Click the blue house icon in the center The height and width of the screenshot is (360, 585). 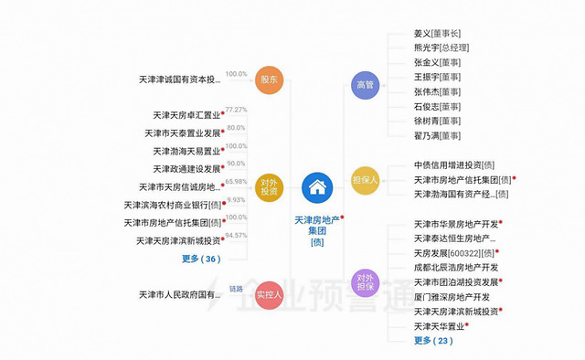317,188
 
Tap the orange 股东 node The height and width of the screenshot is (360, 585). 270,79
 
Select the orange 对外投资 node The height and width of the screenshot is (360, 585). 270,187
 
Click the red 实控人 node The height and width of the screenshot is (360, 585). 270,294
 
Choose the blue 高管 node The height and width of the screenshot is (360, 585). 365,85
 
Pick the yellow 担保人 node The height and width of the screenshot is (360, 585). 365,180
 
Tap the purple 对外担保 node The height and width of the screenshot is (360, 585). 365,281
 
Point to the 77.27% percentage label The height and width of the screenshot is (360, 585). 236,110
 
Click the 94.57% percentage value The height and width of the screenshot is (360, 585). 236,235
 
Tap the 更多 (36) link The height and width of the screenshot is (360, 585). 200,259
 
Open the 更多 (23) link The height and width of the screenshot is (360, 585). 432,340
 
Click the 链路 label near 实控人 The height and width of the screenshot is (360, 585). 236,288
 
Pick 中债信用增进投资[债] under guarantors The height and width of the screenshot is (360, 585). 454,165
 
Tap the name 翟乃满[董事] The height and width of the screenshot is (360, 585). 437,136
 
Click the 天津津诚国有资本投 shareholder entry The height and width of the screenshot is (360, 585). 179,80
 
